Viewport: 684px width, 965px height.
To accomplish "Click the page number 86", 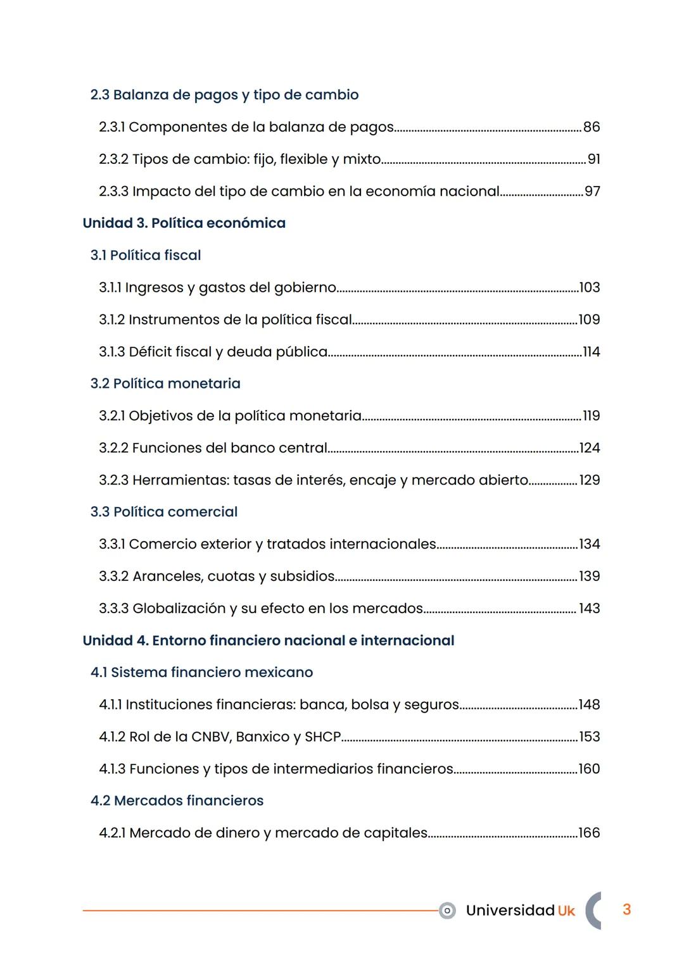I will tap(592, 127).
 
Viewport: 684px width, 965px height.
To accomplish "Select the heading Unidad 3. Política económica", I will tap(184, 223).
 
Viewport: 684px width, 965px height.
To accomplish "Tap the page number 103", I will tap(590, 288).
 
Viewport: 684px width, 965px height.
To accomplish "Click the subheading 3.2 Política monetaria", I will tap(165, 384).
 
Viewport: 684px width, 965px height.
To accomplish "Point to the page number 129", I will tap(590, 480).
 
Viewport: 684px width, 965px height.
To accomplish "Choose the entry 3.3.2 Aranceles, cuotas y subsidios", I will tap(217, 576).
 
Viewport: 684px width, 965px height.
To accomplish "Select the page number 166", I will tap(590, 833).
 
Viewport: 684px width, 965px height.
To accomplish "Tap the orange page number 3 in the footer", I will tap(626, 910).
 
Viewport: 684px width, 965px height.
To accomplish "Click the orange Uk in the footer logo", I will tap(566, 911).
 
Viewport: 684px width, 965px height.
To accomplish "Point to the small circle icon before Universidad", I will tap(447, 911).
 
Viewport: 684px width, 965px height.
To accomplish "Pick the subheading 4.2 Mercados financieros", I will tap(177, 801).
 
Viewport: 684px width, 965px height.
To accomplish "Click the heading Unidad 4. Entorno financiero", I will tap(268, 641).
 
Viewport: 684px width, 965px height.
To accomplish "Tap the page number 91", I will tap(593, 159).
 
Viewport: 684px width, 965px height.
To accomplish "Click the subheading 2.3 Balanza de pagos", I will tap(224, 95).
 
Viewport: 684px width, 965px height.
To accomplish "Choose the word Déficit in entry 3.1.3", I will tap(151, 352).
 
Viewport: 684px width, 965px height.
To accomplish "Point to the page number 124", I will tap(590, 448).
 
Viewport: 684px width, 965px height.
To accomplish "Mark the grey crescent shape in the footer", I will tap(592, 911).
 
